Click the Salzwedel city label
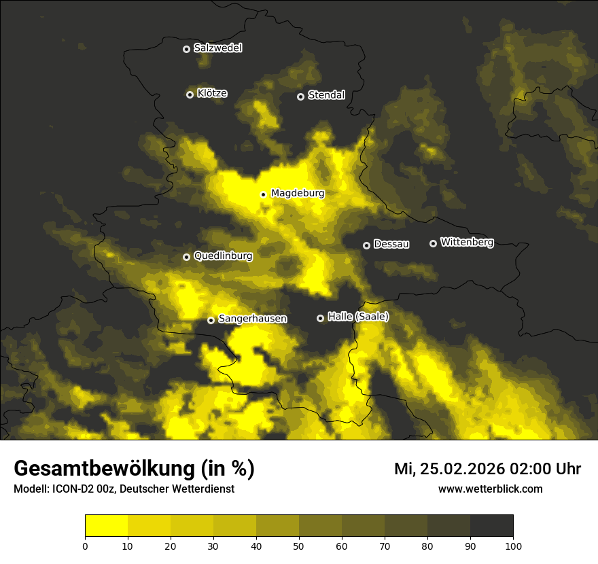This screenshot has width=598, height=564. click(217, 48)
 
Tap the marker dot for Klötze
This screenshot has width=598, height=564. click(190, 94)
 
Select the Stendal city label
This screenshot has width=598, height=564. click(326, 95)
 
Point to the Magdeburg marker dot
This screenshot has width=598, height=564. click(263, 194)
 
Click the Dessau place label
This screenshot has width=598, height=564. click(391, 244)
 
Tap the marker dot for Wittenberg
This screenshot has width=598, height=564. click(433, 243)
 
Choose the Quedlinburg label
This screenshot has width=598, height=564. click(223, 256)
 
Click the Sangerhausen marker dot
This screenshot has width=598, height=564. click(211, 320)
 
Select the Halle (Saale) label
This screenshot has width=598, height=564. click(358, 317)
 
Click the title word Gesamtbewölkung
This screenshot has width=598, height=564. click(102, 469)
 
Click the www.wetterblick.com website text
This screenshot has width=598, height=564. click(490, 489)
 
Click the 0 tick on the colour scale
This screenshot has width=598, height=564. click(85, 546)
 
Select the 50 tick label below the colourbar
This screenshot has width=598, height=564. click(299, 546)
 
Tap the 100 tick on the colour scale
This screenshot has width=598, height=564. click(513, 546)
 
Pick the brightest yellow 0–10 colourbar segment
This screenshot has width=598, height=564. click(106, 525)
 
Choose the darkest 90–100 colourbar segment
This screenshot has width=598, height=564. click(491, 525)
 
